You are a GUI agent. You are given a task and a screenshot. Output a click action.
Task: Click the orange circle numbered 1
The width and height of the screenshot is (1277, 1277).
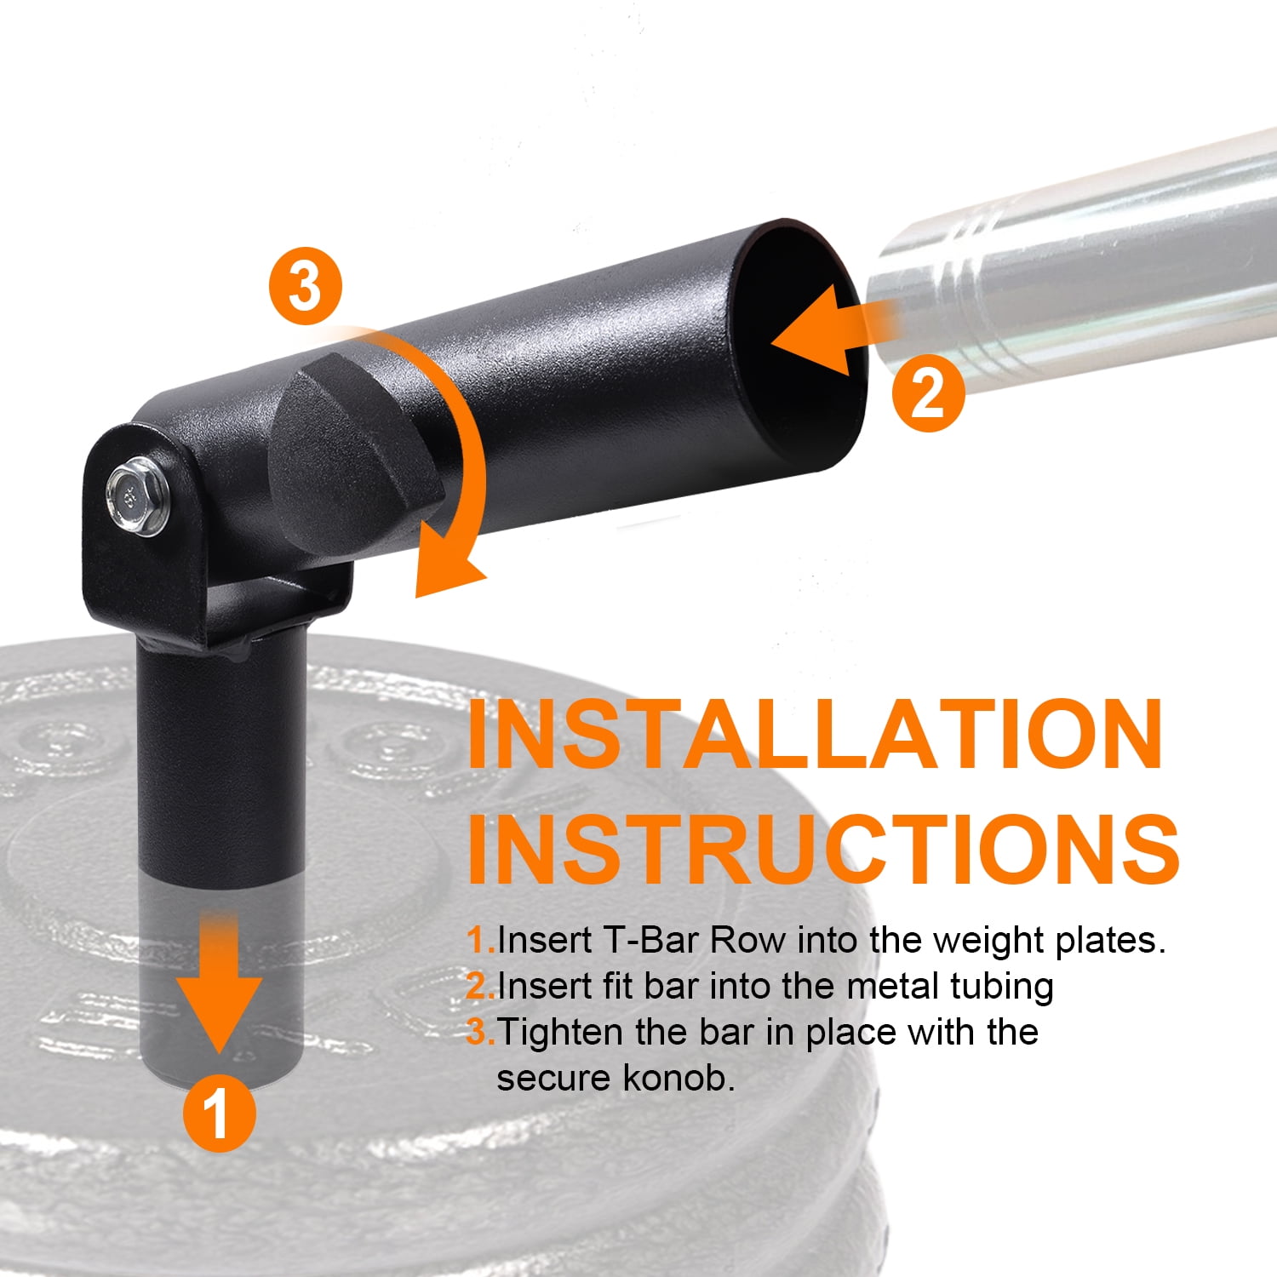[x=220, y=1114]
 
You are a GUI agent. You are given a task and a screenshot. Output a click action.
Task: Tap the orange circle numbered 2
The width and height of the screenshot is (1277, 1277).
[x=929, y=394]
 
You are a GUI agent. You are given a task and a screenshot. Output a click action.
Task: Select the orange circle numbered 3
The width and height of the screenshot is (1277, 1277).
[x=306, y=287]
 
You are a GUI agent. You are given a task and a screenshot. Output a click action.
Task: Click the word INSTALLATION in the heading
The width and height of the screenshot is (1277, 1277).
[x=815, y=734]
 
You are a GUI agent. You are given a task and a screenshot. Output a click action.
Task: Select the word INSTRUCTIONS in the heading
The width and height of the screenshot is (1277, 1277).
[x=823, y=848]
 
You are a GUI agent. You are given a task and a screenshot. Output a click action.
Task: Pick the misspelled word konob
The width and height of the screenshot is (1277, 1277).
[x=679, y=1078]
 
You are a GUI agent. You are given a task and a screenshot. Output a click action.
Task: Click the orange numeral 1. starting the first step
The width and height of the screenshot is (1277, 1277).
[x=481, y=940]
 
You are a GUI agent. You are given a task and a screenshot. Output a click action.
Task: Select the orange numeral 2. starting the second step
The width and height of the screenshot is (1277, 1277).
[x=481, y=986]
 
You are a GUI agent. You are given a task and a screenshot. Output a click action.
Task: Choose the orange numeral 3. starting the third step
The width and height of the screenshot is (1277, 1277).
[x=481, y=1032]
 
